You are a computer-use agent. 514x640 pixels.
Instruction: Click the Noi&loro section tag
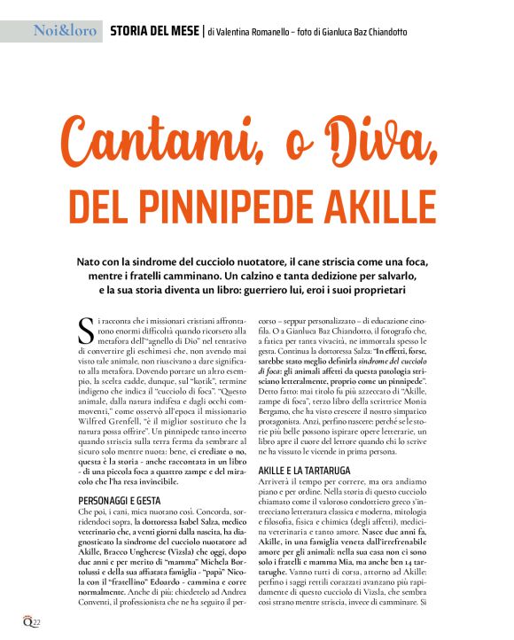tap(65, 32)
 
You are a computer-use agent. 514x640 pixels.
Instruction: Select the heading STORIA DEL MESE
tap(154, 32)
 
